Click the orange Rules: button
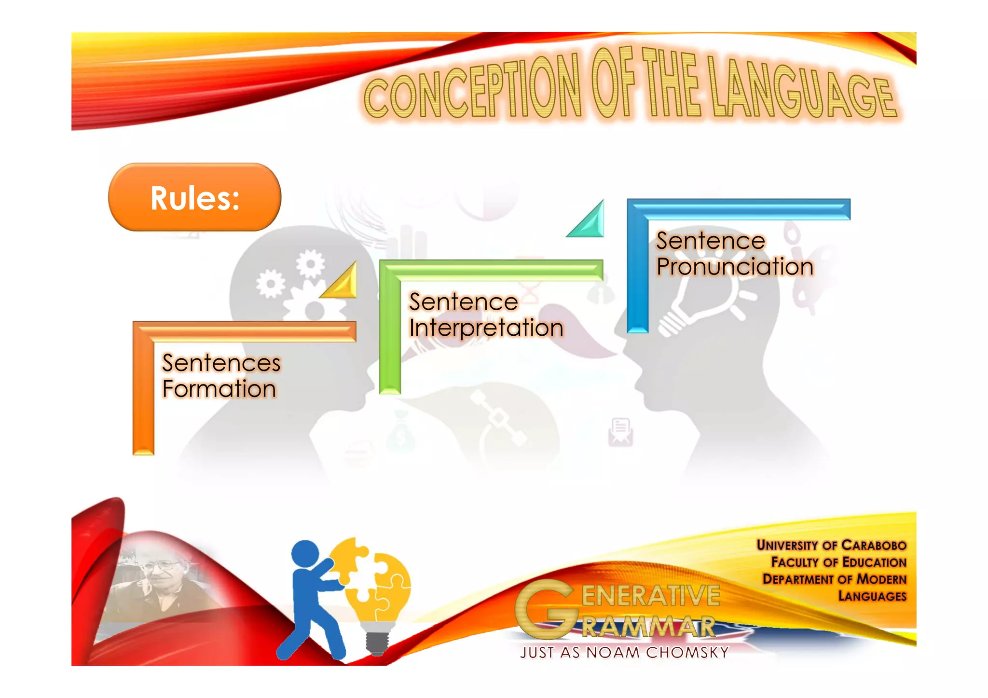[194, 197]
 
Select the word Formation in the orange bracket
[219, 389]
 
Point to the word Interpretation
[486, 328]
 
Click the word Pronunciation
[735, 267]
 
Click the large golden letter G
[545, 609]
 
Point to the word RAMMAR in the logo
[648, 627]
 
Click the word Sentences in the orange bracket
[221, 363]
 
